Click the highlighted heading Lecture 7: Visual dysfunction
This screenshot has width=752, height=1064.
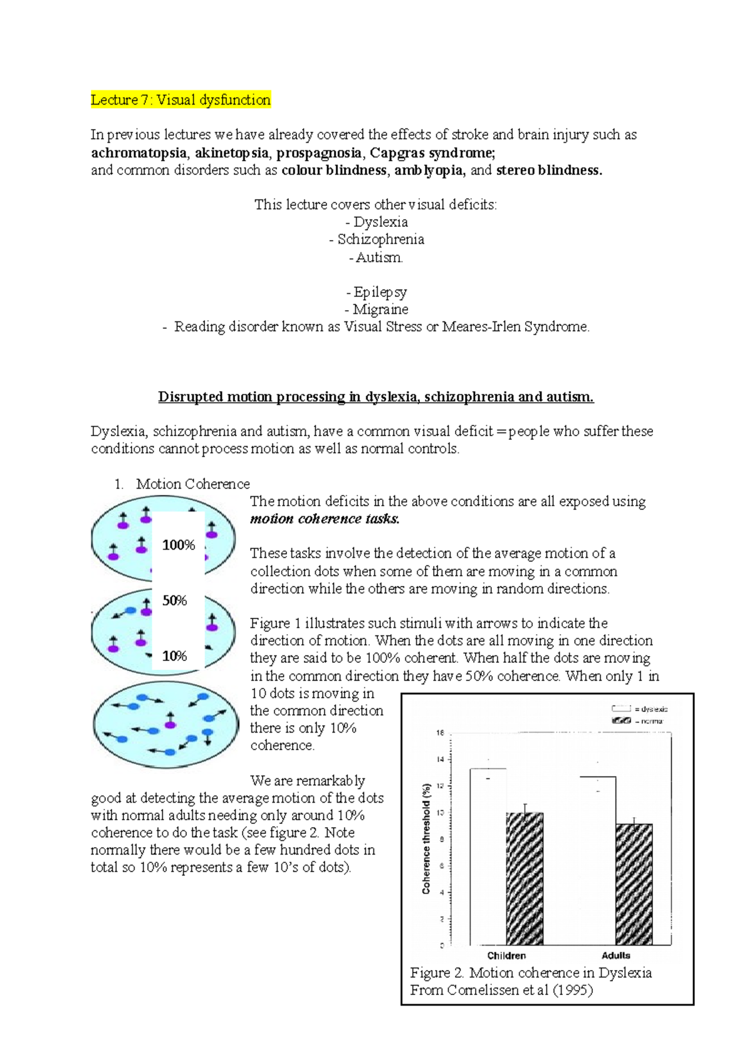click(180, 100)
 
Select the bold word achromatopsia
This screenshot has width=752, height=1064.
click(138, 153)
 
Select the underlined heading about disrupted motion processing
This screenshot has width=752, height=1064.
click(375, 397)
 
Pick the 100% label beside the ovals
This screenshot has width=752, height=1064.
click(179, 545)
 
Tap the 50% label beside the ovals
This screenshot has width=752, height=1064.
click(175, 600)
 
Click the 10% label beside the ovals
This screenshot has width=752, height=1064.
click(175, 656)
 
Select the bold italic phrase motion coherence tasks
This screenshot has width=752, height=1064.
click(325, 519)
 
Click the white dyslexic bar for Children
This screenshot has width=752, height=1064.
click(488, 858)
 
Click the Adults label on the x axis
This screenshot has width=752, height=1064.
click(615, 956)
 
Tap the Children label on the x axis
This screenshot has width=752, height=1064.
click(506, 956)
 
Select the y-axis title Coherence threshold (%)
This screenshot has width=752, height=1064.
click(426, 838)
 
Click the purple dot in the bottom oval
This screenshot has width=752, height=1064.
click(170, 724)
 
